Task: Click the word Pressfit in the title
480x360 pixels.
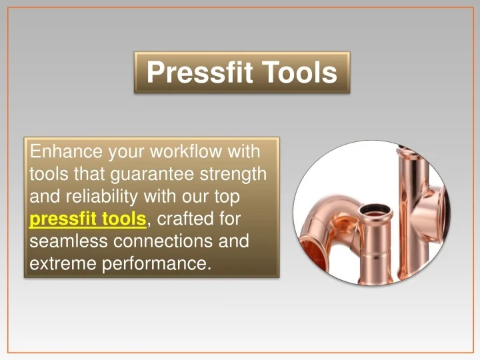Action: coord(199,72)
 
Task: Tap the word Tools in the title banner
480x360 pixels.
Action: coord(299,72)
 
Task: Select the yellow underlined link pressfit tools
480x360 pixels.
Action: coord(88,219)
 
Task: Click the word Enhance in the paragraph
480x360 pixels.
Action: coord(66,151)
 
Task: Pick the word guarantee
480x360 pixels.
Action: coord(152,175)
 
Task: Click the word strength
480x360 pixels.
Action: coord(233,174)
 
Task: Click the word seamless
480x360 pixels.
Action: coord(69,241)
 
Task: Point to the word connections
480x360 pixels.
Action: coord(163,241)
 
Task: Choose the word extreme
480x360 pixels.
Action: coord(63,263)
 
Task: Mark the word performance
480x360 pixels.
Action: coord(157,264)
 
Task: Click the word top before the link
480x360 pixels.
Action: coord(227,197)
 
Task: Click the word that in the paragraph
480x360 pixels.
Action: coord(89,174)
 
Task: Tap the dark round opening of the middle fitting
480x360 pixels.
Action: coord(375,210)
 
